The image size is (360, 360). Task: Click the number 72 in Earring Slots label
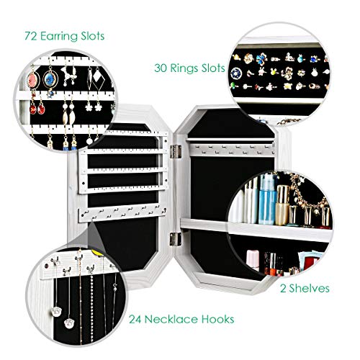click(31, 36)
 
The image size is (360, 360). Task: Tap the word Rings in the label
click(184, 68)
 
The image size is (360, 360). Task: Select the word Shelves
click(309, 288)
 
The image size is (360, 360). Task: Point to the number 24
click(135, 319)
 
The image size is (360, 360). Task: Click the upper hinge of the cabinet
click(176, 151)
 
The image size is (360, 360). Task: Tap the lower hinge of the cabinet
click(176, 239)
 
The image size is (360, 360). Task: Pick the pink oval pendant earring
click(33, 80)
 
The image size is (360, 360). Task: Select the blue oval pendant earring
click(50, 79)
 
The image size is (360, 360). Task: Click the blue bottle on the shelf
click(267, 199)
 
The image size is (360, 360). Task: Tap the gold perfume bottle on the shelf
click(283, 205)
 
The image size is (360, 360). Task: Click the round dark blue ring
click(236, 73)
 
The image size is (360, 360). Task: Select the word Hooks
click(217, 319)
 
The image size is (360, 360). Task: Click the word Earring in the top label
click(59, 37)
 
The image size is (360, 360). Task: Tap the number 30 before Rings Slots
click(161, 68)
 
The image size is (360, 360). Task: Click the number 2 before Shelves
click(283, 289)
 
